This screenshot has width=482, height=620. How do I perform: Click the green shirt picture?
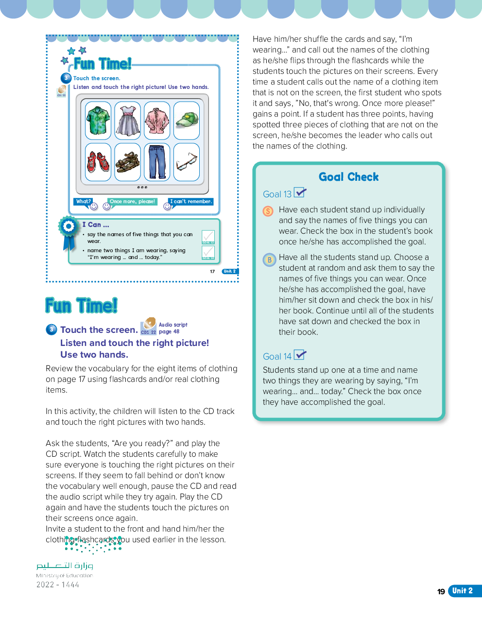pyautogui.click(x=98, y=121)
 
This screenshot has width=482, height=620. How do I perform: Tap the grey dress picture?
pyautogui.click(x=128, y=121)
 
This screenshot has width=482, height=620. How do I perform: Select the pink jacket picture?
pyautogui.click(x=157, y=121)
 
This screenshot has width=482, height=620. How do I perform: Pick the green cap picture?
pyautogui.click(x=187, y=121)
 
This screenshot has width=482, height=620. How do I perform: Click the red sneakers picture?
pyautogui.click(x=98, y=162)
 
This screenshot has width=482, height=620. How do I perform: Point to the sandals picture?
pyautogui.click(x=128, y=162)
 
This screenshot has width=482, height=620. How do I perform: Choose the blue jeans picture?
pyautogui.click(x=157, y=162)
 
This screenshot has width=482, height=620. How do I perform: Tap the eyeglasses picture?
pyautogui.click(x=187, y=162)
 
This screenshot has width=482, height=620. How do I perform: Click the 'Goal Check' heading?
pyautogui.click(x=348, y=177)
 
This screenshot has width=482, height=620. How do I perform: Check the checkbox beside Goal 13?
pyautogui.click(x=299, y=192)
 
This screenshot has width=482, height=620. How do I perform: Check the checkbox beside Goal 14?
pyautogui.click(x=299, y=355)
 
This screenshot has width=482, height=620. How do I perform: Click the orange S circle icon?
pyautogui.click(x=268, y=211)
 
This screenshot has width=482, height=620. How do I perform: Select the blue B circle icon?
pyautogui.click(x=269, y=259)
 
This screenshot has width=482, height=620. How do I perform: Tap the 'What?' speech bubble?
pyautogui.click(x=83, y=202)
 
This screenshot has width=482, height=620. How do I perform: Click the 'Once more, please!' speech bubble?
pyautogui.click(x=132, y=202)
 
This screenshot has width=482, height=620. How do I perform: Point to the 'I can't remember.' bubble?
pyautogui.click(x=190, y=202)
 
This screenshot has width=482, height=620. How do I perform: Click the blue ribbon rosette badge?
pyautogui.click(x=69, y=227)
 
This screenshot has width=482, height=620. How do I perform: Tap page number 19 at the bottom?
pyautogui.click(x=441, y=591)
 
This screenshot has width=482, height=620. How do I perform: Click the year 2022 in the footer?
pyautogui.click(x=45, y=585)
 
